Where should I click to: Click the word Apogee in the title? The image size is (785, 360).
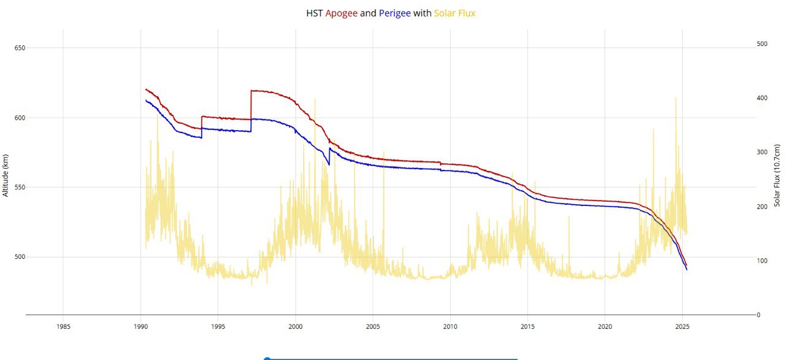click(x=341, y=13)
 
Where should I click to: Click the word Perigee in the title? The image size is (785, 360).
click(x=395, y=13)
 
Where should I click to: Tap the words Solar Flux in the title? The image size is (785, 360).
click(x=454, y=13)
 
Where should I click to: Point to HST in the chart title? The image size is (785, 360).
click(x=315, y=13)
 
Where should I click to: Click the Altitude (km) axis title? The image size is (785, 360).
click(x=6, y=175)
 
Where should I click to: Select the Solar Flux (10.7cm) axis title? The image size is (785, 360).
click(x=776, y=175)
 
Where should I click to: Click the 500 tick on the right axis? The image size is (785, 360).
click(x=762, y=44)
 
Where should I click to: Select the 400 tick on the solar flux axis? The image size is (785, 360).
click(x=762, y=98)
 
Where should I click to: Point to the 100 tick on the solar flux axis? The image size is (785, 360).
click(x=762, y=261)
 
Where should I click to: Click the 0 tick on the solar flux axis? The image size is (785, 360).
click(x=758, y=315)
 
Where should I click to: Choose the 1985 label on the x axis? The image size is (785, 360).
click(x=63, y=326)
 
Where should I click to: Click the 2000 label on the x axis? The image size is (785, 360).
click(x=296, y=326)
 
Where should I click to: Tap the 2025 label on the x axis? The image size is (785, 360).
click(x=682, y=326)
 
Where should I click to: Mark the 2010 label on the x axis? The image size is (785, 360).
click(x=450, y=326)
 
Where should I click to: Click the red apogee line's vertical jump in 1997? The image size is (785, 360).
click(x=251, y=104)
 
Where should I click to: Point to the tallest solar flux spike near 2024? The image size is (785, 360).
click(x=676, y=99)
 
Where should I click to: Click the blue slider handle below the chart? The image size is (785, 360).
click(x=267, y=359)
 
